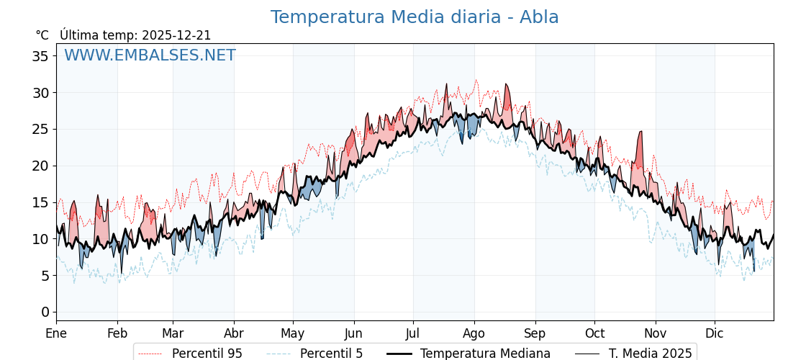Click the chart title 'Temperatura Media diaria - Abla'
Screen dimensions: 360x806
[415, 17]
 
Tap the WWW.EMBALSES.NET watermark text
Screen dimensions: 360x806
[150, 55]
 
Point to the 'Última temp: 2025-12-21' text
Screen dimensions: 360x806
[135, 35]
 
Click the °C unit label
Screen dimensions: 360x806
[42, 35]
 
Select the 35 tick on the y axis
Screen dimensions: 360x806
[40, 56]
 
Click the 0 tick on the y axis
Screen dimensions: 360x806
[45, 312]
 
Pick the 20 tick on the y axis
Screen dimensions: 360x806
[40, 166]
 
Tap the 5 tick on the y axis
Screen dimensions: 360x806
[45, 276]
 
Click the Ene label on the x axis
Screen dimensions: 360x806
[56, 333]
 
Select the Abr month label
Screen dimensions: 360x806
[234, 333]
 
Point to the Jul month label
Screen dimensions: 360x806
[413, 333]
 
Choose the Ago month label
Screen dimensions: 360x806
[474, 333]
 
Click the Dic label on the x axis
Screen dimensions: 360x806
[715, 333]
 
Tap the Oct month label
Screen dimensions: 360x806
[594, 333]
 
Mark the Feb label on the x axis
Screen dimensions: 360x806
[117, 333]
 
